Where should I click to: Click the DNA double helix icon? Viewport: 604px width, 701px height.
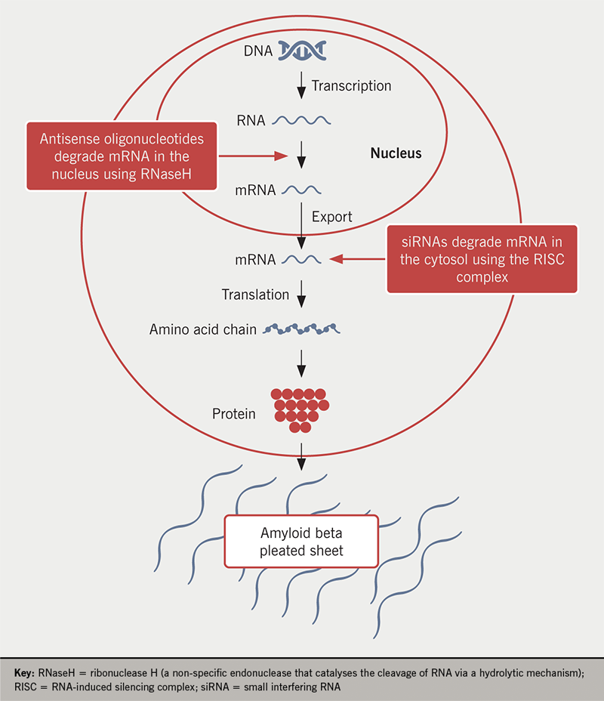[x=301, y=51]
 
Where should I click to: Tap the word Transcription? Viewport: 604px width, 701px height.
[x=351, y=85]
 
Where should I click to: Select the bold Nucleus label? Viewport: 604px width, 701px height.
[x=396, y=153]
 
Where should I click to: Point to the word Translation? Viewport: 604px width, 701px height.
[x=255, y=294]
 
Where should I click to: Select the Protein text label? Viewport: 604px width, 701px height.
[x=233, y=414]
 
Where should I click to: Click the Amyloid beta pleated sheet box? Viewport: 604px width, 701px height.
[x=301, y=542]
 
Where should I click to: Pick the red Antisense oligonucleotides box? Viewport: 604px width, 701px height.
[x=122, y=156]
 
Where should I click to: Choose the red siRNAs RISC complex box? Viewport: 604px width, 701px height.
[x=482, y=259]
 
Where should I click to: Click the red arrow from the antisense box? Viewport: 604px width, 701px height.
[x=253, y=156]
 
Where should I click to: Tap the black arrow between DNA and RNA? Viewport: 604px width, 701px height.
[x=301, y=85]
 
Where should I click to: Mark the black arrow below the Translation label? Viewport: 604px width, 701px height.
[x=301, y=294]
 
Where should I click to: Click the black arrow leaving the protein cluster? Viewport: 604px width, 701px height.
[x=301, y=452]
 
